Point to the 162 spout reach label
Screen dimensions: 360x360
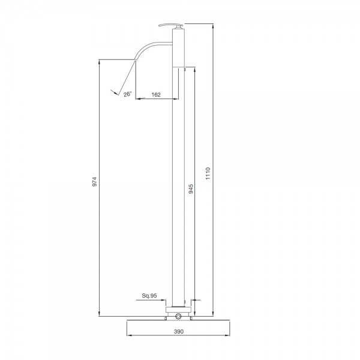coord(155,94)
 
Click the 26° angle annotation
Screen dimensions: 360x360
coord(127,94)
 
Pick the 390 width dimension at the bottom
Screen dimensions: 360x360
coord(179,331)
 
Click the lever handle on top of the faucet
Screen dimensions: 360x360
coord(170,26)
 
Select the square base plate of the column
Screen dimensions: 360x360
coord(179,310)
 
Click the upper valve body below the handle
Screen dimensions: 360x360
coord(179,48)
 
